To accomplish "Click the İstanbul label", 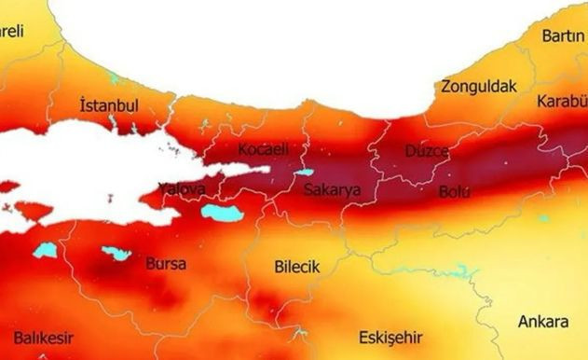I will pyautogui.click(x=110, y=105).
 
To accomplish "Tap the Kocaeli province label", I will pyautogui.click(x=264, y=150).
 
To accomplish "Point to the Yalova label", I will pyautogui.click(x=181, y=189).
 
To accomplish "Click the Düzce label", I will pyautogui.click(x=428, y=151).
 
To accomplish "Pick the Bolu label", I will pyautogui.click(x=455, y=193).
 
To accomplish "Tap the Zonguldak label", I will pyautogui.click(x=479, y=87).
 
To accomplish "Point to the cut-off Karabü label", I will pyautogui.click(x=562, y=101).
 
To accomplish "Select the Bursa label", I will pyautogui.click(x=166, y=264).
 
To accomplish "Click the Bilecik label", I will pyautogui.click(x=297, y=267).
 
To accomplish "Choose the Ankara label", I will pyautogui.click(x=542, y=322).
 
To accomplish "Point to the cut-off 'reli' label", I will pyautogui.click(x=12, y=32).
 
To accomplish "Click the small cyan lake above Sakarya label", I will pyautogui.click(x=304, y=173).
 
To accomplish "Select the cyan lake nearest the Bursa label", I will pyautogui.click(x=116, y=253).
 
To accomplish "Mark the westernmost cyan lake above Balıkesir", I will pyautogui.click(x=45, y=250).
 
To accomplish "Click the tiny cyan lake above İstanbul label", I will pyautogui.click(x=115, y=78).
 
